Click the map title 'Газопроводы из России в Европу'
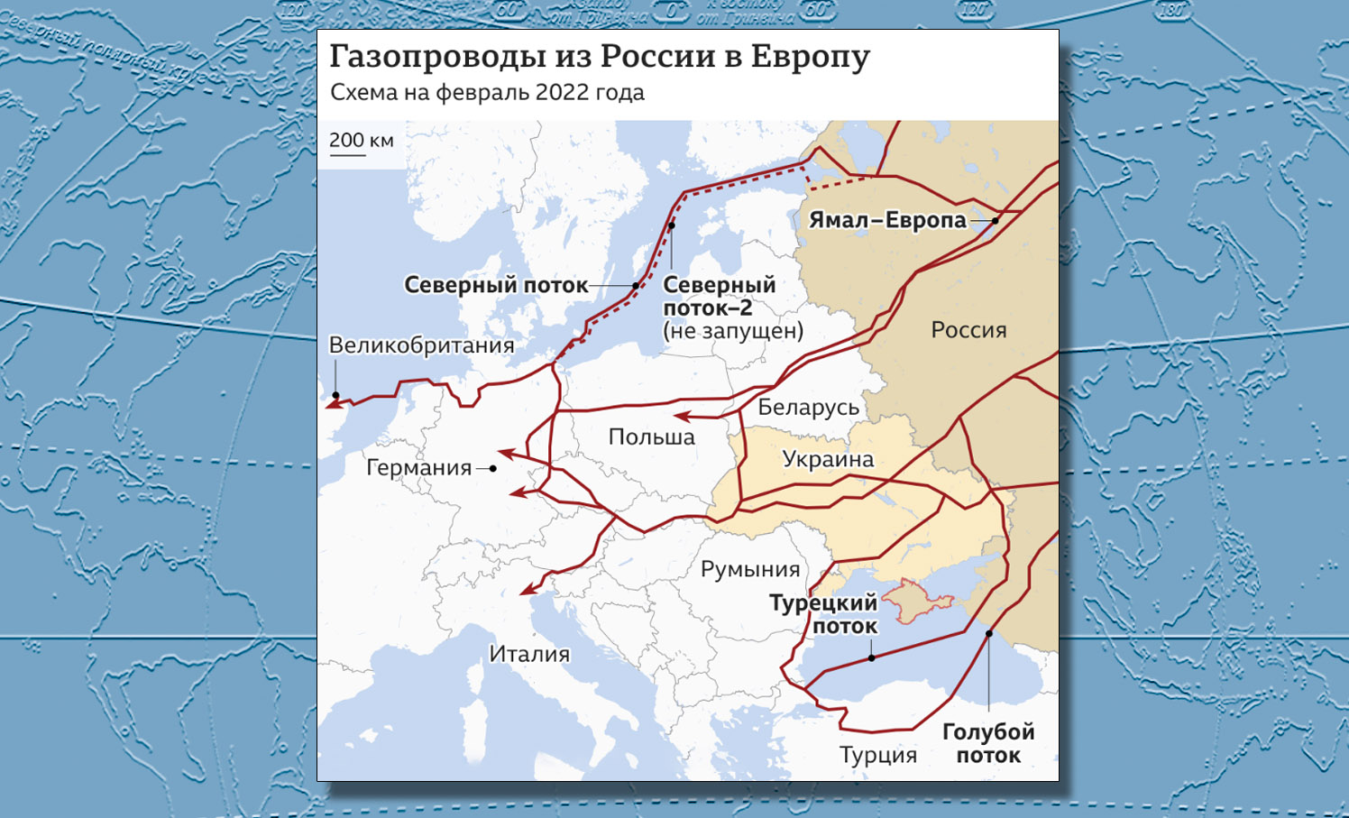(x=599, y=56)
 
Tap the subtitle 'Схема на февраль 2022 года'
(x=487, y=93)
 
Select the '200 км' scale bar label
(x=361, y=141)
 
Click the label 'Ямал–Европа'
(x=887, y=220)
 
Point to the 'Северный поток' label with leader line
(x=496, y=285)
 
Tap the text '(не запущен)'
(x=732, y=331)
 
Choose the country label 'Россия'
(x=968, y=330)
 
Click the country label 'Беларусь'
(x=808, y=408)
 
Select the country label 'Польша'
(x=651, y=437)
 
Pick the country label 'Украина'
(x=828, y=459)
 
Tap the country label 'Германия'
(x=418, y=467)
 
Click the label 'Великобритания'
(x=421, y=345)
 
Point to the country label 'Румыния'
(x=750, y=569)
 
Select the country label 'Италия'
(x=529, y=654)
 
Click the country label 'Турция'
(x=877, y=755)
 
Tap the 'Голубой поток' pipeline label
(x=988, y=743)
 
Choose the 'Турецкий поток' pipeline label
(x=823, y=614)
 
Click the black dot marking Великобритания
(x=335, y=395)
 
